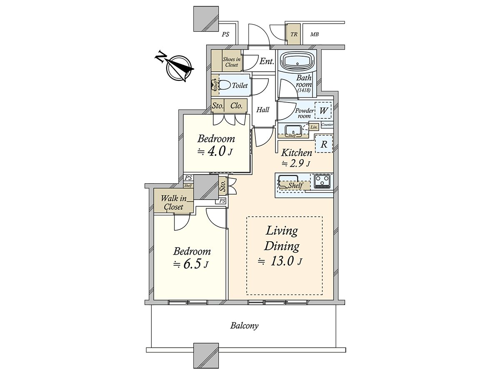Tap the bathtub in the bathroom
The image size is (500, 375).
pos(296,61)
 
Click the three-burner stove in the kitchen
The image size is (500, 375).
pos(322,181)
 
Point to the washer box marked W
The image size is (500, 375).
pos(323,110)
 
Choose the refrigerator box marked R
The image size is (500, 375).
pos(324,144)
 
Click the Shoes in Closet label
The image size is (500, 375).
pos(232,62)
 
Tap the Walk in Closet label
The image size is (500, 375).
pos(174,202)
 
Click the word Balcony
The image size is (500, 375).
pos(244,326)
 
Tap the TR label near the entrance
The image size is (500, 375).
pos(294,35)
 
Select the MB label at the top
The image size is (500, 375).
pos(314,35)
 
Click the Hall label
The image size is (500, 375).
pos(262,110)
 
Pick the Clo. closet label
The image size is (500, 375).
pos(236,106)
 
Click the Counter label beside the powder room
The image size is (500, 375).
pos(327,125)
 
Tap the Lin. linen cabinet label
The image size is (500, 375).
pos(314,127)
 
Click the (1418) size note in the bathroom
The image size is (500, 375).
pos(304,90)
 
